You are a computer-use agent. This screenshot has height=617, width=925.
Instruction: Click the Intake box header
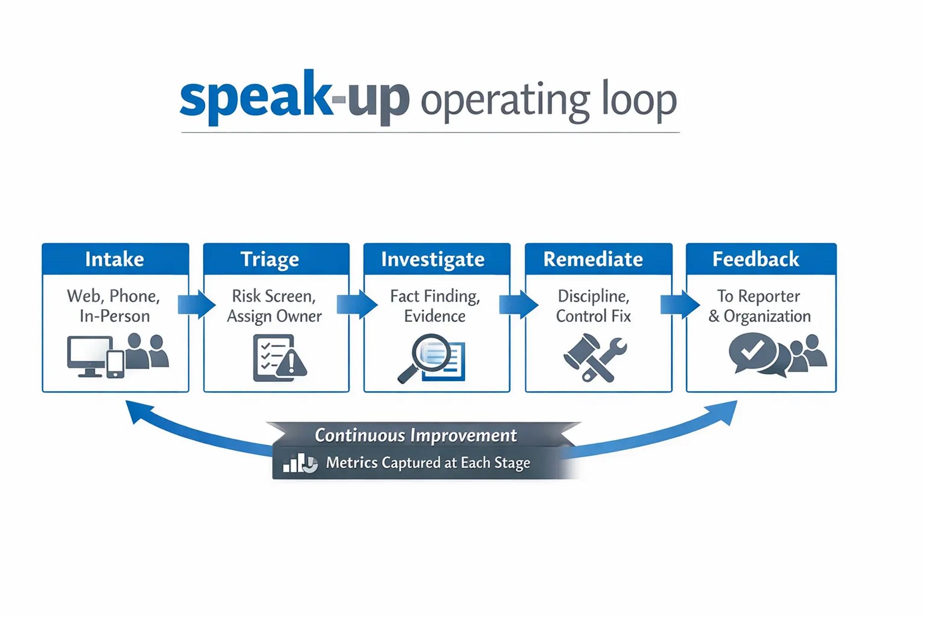pyautogui.click(x=115, y=259)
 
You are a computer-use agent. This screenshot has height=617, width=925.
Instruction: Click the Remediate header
pyautogui.click(x=593, y=259)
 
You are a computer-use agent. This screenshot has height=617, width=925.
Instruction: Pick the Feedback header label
pyautogui.click(x=756, y=259)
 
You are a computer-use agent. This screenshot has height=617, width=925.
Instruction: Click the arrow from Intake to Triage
pyautogui.click(x=197, y=305)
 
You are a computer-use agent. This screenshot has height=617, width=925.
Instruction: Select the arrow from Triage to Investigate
pyautogui.click(x=357, y=305)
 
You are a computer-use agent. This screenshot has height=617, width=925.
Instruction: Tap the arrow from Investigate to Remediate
pyautogui.click(x=518, y=305)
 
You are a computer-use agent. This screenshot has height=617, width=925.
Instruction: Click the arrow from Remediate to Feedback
pyautogui.click(x=680, y=305)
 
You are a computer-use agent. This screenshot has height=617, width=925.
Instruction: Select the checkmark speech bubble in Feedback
pyautogui.click(x=753, y=354)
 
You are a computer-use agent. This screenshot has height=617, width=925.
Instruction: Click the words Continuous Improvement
pyautogui.click(x=416, y=436)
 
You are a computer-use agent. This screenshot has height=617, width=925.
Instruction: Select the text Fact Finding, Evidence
pyautogui.click(x=435, y=306)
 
